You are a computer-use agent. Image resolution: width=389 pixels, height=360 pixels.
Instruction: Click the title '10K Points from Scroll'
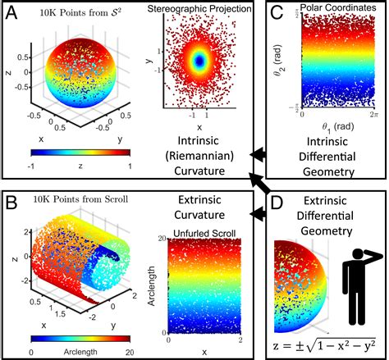tap(77, 199)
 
